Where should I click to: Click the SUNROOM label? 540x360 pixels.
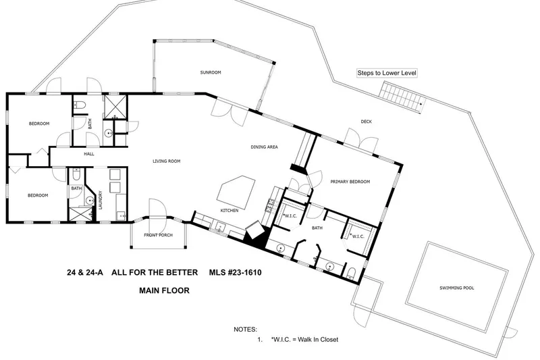click(x=211, y=72)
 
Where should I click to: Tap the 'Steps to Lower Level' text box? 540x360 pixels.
click(x=387, y=73)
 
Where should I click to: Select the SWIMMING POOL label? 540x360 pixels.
click(x=457, y=288)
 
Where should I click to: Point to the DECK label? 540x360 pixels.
click(x=366, y=122)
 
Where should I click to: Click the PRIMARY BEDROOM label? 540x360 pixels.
click(x=350, y=182)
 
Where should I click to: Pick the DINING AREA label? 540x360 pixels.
click(x=264, y=147)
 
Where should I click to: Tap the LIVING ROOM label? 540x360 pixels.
click(x=166, y=161)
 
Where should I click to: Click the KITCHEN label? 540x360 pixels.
click(x=230, y=211)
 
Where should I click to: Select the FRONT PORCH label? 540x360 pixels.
click(x=158, y=235)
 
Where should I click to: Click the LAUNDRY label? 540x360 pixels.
click(x=101, y=200)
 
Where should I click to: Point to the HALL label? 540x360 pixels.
click(x=89, y=153)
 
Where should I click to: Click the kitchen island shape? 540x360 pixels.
click(x=236, y=192)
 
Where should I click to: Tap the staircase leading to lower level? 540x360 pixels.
click(x=403, y=98)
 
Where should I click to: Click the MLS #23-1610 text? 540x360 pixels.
click(x=235, y=272)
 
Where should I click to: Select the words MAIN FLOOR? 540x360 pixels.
click(x=164, y=290)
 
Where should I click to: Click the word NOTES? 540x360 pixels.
click(x=245, y=330)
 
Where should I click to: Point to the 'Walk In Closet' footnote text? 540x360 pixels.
click(x=304, y=339)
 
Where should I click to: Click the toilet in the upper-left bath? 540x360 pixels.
click(x=80, y=105)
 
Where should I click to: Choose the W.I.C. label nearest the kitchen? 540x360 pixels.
click(x=290, y=216)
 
